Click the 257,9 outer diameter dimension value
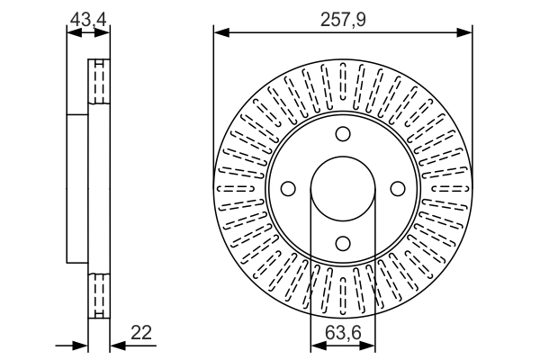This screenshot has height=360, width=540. pyautogui.click(x=342, y=18)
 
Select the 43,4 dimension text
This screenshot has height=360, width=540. pyautogui.click(x=88, y=18)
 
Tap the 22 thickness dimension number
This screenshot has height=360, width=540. pyautogui.click(x=141, y=333)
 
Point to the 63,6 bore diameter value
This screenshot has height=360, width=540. pyautogui.click(x=343, y=332)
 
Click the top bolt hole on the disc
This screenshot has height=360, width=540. pyautogui.click(x=343, y=135)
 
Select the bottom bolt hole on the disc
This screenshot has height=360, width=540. pyautogui.click(x=343, y=242)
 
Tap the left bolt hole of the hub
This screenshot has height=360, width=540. pyautogui.click(x=289, y=189)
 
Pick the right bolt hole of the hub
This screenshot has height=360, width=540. pyautogui.click(x=397, y=189)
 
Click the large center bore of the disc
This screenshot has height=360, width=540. pyautogui.click(x=343, y=189)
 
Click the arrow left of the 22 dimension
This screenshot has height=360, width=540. pyautogui.click(x=81, y=345)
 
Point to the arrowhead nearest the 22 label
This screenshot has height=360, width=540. pyautogui.click(x=116, y=345)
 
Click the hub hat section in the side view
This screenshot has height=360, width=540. pyautogui.click(x=77, y=189)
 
